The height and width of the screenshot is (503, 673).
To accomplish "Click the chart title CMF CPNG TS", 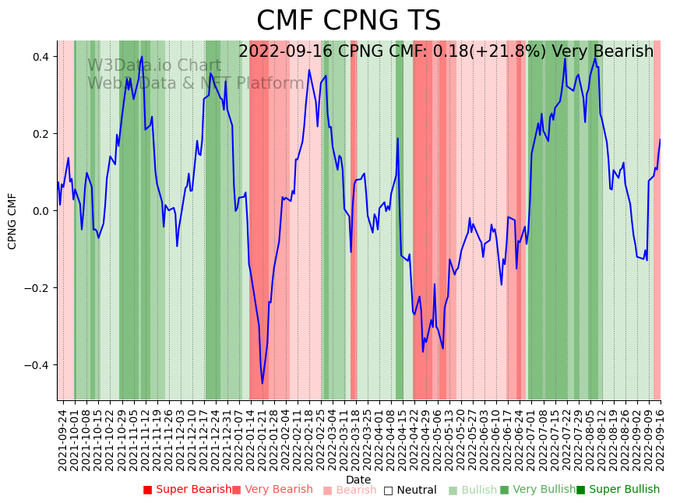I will tap(348, 21).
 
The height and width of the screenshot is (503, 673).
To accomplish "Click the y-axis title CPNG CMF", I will tap(12, 221).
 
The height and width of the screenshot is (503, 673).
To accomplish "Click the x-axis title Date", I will tap(358, 480).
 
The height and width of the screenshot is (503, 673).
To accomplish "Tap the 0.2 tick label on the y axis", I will tap(41, 134).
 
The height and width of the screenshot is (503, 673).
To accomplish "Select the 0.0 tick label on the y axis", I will tap(41, 211).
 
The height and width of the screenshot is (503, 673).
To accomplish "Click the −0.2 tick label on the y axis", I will tap(37, 288).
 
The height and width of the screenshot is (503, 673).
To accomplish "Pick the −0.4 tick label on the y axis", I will tap(37, 365).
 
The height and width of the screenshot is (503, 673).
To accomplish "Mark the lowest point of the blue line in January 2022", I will tap(263, 383).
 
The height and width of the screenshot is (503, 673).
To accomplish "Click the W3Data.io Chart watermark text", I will tap(154, 65).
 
